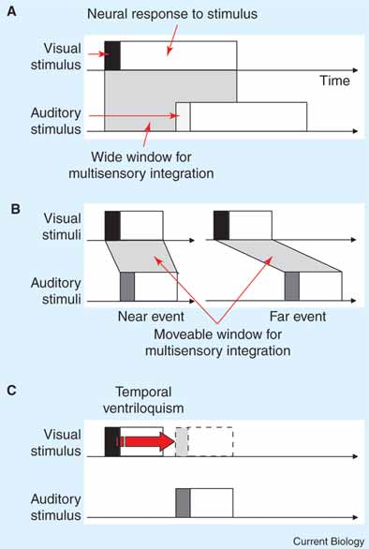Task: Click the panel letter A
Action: [x=11, y=12]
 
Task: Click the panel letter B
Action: [x=15, y=209]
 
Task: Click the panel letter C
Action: [x=12, y=390]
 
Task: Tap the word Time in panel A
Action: [x=334, y=81]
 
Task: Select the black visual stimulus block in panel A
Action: [x=112, y=55]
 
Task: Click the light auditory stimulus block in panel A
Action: [x=184, y=117]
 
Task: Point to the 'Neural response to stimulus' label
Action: [x=172, y=14]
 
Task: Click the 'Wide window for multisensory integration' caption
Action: [x=141, y=165]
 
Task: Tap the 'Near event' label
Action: [x=151, y=317]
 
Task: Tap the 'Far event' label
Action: [x=298, y=317]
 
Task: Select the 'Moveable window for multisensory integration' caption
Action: [x=218, y=342]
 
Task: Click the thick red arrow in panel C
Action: [x=146, y=441]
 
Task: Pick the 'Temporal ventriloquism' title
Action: [x=143, y=400]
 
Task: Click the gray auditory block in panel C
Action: [x=183, y=503]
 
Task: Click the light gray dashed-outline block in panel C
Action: [x=182, y=441]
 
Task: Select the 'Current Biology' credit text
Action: [x=329, y=542]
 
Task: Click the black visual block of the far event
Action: [x=222, y=226]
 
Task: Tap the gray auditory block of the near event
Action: [x=127, y=287]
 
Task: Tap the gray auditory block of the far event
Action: [x=292, y=286]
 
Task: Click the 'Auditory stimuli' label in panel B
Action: [x=56, y=290]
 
